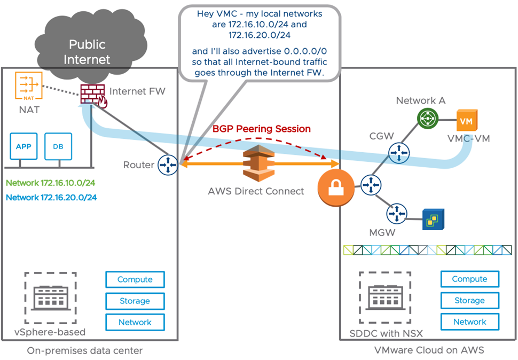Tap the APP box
click(23, 147)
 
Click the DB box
click(58, 147)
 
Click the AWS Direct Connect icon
click(258, 164)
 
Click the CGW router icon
click(397, 154)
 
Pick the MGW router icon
click(397, 214)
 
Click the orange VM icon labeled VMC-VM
click(465, 122)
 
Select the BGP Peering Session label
click(261, 129)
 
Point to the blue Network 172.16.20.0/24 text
click(51, 198)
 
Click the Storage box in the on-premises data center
click(135, 301)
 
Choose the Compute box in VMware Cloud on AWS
click(469, 279)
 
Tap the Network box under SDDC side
click(469, 322)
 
